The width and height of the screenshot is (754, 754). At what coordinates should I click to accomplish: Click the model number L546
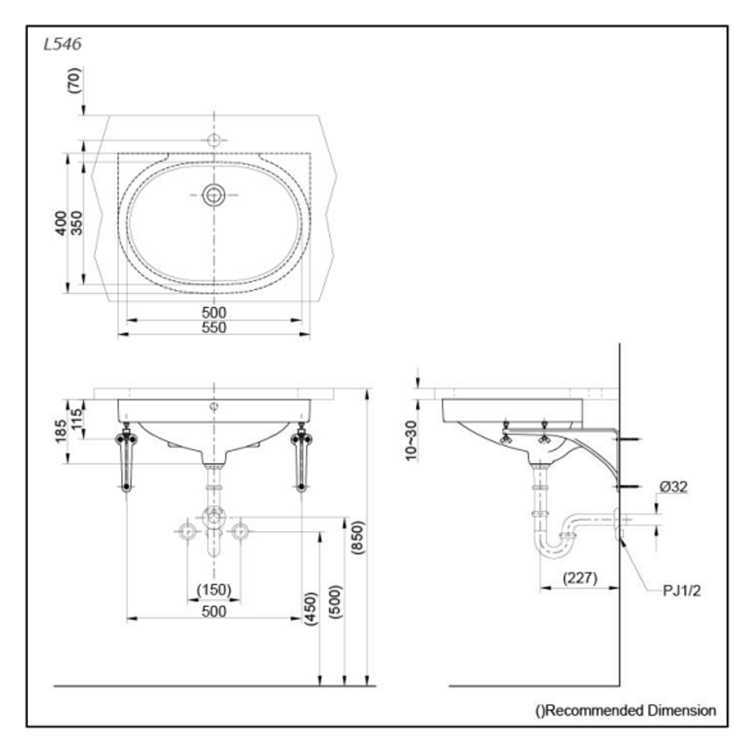click(x=63, y=45)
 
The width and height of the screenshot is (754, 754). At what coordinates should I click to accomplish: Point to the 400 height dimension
click(x=61, y=223)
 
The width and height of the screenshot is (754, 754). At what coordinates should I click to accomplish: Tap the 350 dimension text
click(x=76, y=223)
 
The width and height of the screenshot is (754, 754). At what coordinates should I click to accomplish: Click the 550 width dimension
click(x=214, y=327)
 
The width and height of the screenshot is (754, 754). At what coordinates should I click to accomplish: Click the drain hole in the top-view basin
click(x=214, y=195)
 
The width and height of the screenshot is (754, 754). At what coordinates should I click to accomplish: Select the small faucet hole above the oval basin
click(x=214, y=140)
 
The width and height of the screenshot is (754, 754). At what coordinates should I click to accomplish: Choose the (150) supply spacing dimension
click(x=213, y=590)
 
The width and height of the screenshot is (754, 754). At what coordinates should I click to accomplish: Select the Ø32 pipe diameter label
click(x=672, y=487)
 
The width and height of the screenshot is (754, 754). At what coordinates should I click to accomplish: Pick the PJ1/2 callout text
click(x=681, y=591)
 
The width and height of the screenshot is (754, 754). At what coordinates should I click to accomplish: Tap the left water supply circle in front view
click(x=187, y=531)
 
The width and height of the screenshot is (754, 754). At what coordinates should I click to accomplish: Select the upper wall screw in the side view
click(x=632, y=439)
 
